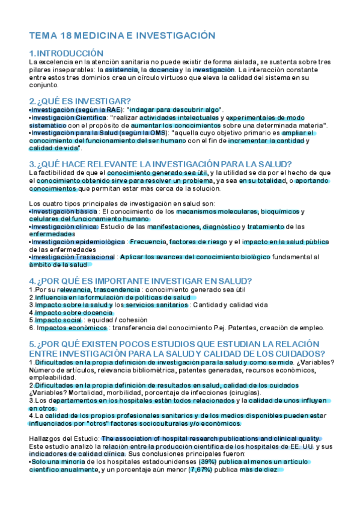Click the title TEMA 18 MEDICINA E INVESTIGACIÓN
click(122, 36)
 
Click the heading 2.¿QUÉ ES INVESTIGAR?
click(80, 100)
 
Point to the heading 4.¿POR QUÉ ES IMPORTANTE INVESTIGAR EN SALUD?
click(141, 281)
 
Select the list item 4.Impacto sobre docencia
click(67, 313)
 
